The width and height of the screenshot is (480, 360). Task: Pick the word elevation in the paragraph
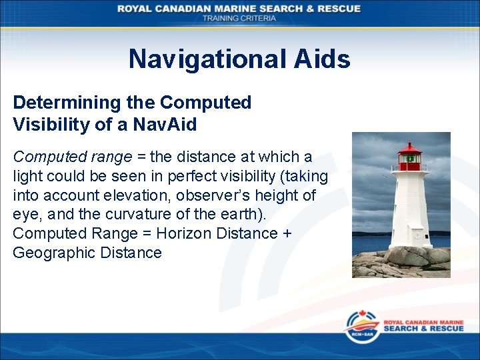point(134,195)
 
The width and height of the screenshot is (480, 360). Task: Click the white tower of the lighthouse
point(409,207)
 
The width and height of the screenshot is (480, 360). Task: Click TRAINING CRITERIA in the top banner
point(239,18)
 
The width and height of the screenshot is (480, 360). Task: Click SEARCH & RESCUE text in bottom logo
point(423,329)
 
